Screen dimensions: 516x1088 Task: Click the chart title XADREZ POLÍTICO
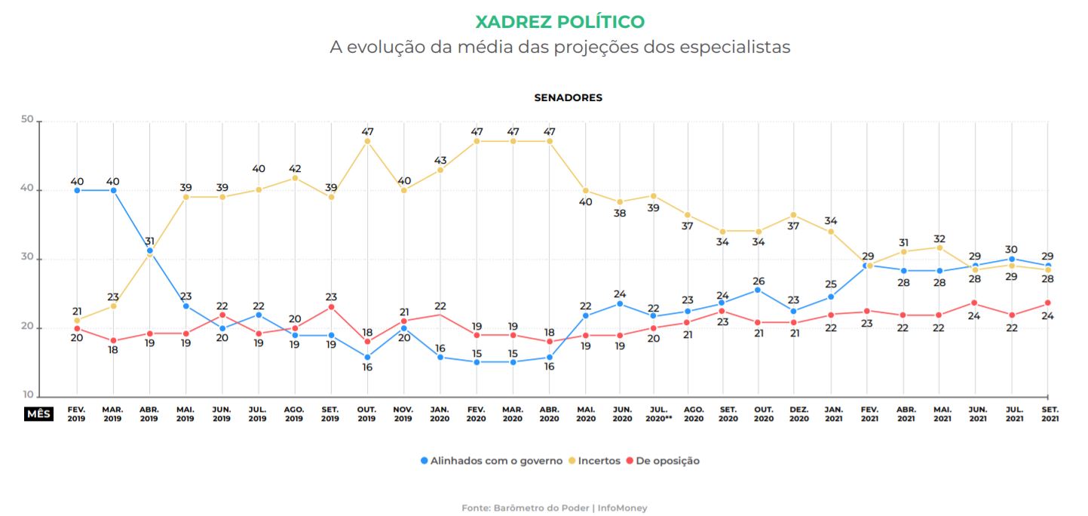coord(559,21)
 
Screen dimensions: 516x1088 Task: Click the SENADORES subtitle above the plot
coord(568,97)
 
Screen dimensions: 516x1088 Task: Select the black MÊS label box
coord(38,414)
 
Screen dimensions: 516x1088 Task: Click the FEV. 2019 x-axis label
coord(77,413)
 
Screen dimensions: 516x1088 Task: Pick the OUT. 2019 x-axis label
coord(366,413)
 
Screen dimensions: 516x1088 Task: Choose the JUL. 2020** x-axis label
coord(656,413)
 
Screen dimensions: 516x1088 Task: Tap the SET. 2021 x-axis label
coord(1048,413)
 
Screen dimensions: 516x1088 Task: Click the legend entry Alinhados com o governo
coord(491,460)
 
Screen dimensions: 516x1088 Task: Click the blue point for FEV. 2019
coord(77,190)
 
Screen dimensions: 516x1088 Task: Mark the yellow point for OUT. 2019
coord(367,141)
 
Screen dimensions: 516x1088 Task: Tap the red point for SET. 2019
coord(331,307)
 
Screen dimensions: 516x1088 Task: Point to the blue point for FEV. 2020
coord(476,362)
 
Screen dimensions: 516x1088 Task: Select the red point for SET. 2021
coord(1048,303)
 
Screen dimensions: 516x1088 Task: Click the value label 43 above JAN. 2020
coord(440,161)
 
